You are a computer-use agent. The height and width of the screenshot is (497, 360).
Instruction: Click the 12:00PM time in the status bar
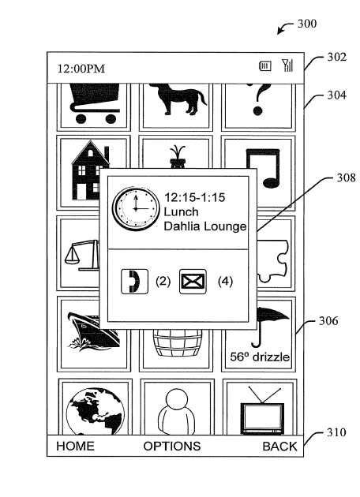81,69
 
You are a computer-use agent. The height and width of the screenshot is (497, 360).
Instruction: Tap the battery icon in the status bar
265,66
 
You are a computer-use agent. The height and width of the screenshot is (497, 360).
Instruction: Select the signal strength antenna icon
287,65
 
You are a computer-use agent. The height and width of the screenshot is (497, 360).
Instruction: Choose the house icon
91,170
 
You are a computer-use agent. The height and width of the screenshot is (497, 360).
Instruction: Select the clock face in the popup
136,208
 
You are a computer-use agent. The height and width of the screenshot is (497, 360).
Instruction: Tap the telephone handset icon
134,282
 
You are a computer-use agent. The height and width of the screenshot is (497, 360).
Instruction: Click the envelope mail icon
193,282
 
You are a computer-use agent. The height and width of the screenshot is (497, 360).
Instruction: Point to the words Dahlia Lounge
205,226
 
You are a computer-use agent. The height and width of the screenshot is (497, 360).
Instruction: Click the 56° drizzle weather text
260,357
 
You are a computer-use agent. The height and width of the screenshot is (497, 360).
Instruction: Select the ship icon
94,331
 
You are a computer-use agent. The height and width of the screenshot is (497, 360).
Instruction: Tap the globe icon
96,411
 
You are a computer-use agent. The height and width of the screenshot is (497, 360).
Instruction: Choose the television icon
262,410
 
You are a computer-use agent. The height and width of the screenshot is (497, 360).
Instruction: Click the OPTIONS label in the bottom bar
172,446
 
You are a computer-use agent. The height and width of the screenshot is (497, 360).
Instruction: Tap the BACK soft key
279,447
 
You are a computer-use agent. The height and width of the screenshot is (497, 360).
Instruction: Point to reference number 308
346,177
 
